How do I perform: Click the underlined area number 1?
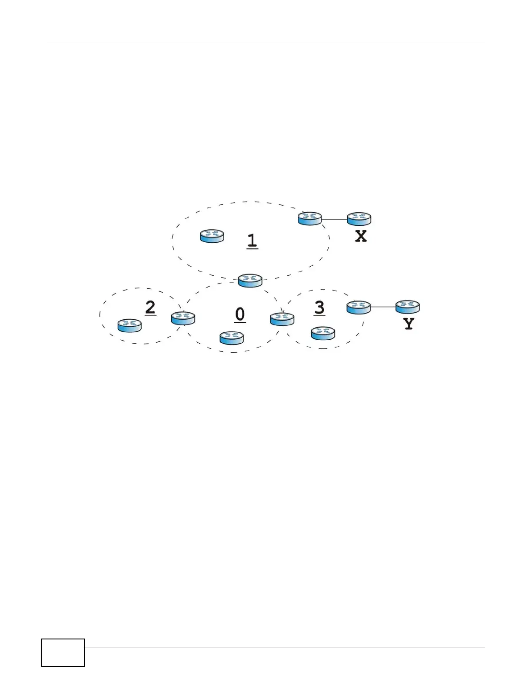tap(252, 241)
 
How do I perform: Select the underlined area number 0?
tap(240, 314)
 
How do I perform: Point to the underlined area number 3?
tap(319, 308)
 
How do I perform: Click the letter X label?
tap(361, 236)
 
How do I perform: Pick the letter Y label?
tap(409, 324)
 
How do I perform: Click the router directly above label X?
tap(359, 219)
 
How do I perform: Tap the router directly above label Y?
tap(408, 307)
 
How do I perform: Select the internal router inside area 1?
tap(212, 236)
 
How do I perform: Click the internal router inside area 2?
tap(130, 325)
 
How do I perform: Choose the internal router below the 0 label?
tap(232, 338)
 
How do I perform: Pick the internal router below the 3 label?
tap(323, 333)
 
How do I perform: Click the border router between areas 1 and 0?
tap(250, 280)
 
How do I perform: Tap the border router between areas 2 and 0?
tap(183, 318)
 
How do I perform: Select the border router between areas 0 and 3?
tap(282, 319)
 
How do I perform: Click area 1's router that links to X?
tap(310, 218)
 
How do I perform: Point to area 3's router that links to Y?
tap(359, 307)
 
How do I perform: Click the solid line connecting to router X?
tap(334, 219)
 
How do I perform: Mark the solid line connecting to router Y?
tap(383, 307)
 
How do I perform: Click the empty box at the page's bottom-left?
tap(63, 652)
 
